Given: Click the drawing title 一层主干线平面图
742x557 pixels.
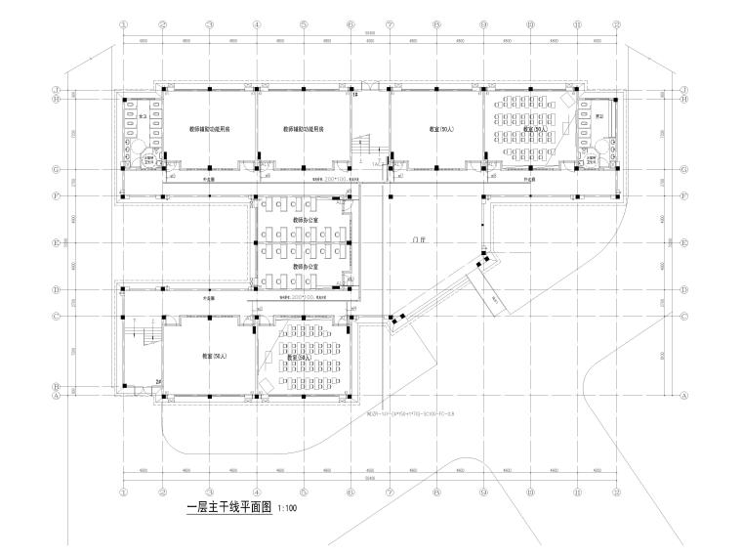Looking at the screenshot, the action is (x=229, y=509).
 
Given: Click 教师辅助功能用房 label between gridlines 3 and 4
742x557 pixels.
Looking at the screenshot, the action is (x=210, y=129).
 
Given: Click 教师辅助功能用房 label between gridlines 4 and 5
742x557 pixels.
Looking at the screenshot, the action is (x=304, y=129).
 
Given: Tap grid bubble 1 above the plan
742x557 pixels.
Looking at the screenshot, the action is (x=124, y=27).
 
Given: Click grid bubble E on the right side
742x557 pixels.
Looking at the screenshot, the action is (x=684, y=243).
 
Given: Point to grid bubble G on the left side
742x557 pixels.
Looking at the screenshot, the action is (x=58, y=169).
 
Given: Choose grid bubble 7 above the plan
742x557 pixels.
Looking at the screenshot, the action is (x=390, y=27).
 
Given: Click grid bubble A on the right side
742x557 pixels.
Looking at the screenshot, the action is (x=684, y=396).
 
